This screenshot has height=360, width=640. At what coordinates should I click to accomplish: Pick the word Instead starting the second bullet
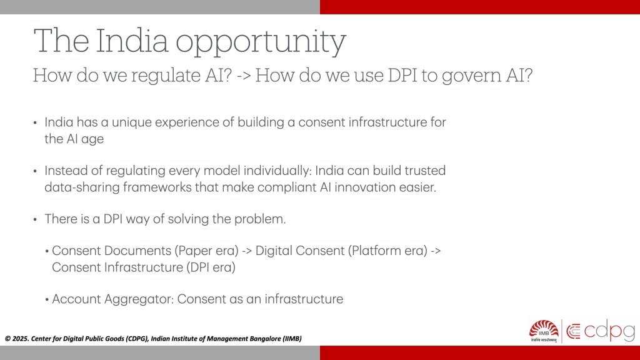[x=65, y=171]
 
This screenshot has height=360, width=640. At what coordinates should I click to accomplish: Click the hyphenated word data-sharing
[x=82, y=187]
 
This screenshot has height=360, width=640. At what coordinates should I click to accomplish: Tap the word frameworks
[x=157, y=187]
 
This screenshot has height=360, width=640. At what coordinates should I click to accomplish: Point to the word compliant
[x=286, y=187]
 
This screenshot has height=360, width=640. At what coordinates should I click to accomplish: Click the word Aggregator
[x=139, y=299]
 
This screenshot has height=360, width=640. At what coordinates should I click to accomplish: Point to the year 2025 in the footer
[x=20, y=339]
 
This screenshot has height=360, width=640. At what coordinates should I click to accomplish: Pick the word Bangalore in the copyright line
[x=264, y=339]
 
